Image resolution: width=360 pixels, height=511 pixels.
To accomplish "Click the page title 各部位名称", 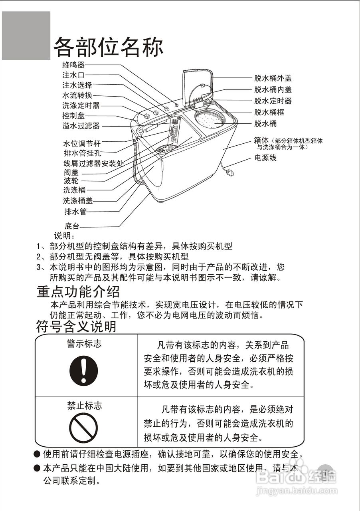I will coord(108,48).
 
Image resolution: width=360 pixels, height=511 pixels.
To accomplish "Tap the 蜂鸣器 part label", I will coord(73,65).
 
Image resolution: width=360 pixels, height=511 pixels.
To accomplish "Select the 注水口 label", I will coord(73,75).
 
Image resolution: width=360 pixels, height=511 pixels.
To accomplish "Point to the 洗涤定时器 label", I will coord(81,106).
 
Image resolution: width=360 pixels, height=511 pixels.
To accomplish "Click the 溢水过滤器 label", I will coord(81,126).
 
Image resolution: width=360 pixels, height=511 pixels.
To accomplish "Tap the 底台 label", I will coord(72,226).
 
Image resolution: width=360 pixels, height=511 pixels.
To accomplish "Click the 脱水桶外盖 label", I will coord(273,78).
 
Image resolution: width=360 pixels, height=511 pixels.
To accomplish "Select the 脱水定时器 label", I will coord(273,101).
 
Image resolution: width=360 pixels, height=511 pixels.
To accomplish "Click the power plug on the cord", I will coord(230,172).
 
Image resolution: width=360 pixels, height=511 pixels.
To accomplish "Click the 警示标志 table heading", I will coord(84,343).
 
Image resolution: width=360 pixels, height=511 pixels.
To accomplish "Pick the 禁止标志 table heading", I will coord(84,406).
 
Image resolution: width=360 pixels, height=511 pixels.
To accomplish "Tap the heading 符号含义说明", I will coord(76,327).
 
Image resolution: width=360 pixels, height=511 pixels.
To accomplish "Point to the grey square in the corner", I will coord(26,36).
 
